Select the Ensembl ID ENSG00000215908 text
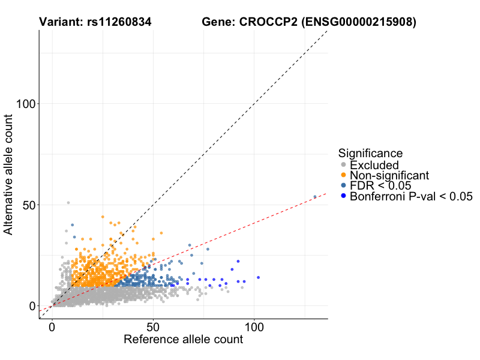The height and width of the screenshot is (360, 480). point(358,22)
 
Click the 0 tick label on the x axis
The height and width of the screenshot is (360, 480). point(52,328)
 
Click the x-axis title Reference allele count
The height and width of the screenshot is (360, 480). point(183,340)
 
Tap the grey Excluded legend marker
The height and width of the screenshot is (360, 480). point(343,165)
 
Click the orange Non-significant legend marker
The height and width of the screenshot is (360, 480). point(343,175)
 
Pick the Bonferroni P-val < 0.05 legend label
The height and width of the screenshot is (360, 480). point(411,196)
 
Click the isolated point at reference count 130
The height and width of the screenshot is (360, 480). point(315,197)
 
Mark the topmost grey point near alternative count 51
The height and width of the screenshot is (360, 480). point(68,203)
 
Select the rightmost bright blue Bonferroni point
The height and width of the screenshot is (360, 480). point(259,277)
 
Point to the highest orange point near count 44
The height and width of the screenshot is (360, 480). point(103,217)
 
